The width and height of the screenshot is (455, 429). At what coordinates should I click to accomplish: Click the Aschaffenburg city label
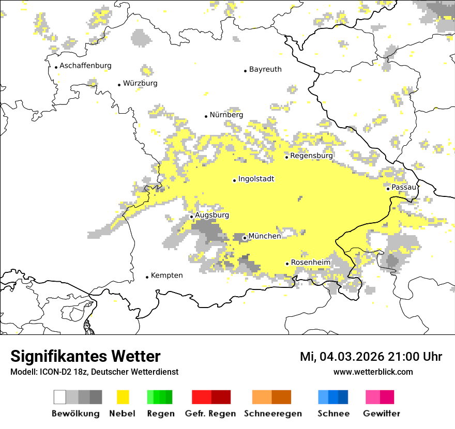(x=85, y=66)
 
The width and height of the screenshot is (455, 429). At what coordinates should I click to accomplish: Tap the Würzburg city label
(x=140, y=83)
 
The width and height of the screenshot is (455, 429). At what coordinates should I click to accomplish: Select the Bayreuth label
(x=265, y=69)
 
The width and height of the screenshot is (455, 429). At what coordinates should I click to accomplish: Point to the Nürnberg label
(x=226, y=115)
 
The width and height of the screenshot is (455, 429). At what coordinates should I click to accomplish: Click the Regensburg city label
(x=311, y=156)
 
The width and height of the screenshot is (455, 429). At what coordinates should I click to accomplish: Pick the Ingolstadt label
(x=256, y=179)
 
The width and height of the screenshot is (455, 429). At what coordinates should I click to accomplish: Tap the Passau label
(x=404, y=187)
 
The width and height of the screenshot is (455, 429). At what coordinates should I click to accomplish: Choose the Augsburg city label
(x=211, y=215)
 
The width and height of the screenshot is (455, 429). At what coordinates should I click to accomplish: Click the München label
(x=265, y=236)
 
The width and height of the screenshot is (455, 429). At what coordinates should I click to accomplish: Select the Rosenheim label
(x=310, y=263)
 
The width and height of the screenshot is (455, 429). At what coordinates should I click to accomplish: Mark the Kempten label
(x=166, y=275)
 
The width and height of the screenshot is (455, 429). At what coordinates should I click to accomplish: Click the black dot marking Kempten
(x=147, y=277)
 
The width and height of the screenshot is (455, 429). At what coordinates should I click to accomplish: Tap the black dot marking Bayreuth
(x=246, y=71)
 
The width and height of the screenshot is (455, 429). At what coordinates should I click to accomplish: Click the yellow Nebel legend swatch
(x=123, y=397)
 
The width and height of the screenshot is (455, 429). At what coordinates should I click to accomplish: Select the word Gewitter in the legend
(x=381, y=413)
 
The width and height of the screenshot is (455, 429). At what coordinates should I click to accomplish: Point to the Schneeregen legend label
(x=272, y=413)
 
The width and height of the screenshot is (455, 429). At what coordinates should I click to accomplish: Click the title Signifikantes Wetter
(x=85, y=357)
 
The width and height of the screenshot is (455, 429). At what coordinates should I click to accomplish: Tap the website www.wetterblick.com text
(x=373, y=372)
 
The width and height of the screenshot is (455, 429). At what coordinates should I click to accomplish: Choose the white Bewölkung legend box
(x=59, y=397)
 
